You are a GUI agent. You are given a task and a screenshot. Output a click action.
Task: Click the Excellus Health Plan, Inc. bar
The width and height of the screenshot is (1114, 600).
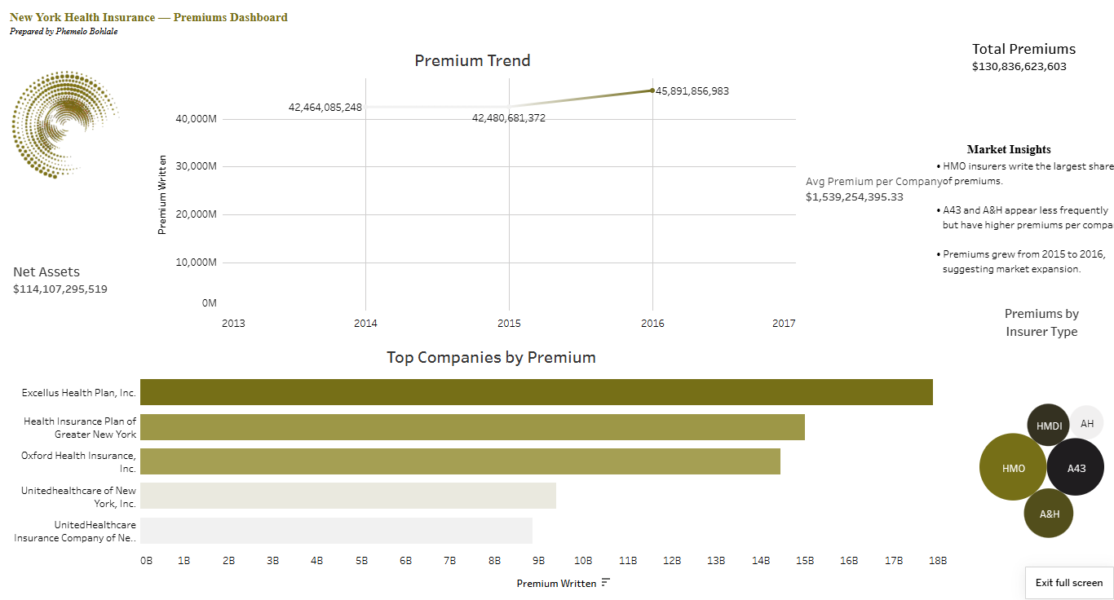(536, 392)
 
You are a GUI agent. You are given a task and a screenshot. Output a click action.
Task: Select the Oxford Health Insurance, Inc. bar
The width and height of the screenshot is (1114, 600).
(460, 461)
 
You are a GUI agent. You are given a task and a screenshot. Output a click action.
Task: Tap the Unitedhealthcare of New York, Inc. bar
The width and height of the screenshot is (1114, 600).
(348, 496)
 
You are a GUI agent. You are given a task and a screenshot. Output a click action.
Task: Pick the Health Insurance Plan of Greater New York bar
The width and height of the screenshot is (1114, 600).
(472, 427)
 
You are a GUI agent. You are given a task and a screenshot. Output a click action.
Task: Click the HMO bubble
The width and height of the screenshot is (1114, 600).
(1013, 467)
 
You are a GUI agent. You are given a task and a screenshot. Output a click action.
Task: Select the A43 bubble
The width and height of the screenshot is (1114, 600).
(1076, 467)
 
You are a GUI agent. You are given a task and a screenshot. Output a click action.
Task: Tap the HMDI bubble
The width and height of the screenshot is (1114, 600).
(1049, 425)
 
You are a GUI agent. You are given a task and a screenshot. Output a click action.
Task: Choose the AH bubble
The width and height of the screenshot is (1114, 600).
(1087, 422)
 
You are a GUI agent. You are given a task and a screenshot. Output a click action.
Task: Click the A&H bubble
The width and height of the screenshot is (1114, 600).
(1049, 514)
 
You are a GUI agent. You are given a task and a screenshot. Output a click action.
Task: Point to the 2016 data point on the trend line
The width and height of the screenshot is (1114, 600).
(652, 90)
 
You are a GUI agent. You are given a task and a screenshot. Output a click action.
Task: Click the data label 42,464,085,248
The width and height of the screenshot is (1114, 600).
(325, 107)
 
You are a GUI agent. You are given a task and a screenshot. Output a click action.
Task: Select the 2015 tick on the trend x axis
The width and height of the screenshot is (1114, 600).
(509, 324)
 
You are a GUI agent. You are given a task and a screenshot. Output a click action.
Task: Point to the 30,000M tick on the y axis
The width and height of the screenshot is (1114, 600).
(196, 166)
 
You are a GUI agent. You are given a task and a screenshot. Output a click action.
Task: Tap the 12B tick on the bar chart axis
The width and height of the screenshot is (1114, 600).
(672, 561)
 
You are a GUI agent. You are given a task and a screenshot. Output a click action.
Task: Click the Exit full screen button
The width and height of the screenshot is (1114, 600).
(1068, 583)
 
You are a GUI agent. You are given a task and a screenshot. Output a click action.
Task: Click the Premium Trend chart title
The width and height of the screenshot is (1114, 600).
(472, 60)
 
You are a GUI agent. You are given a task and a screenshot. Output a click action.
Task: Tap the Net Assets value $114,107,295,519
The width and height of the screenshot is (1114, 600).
(60, 289)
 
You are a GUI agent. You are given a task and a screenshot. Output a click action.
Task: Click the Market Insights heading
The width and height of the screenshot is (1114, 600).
(1008, 149)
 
